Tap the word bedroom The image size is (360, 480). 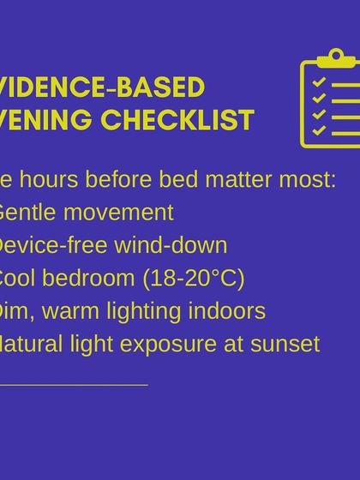coord(88,279)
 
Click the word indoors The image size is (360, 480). coord(235,311)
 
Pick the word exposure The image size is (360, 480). coord(175,344)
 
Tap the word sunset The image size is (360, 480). coord(290,344)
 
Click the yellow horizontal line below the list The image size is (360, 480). coord(74,385)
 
